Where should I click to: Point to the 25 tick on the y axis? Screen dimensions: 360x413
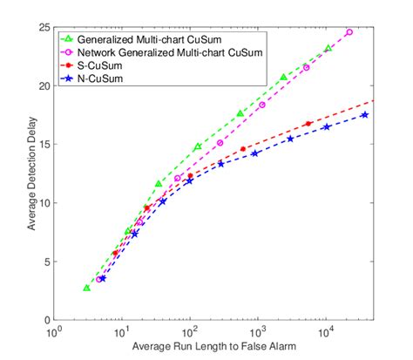click(44, 27)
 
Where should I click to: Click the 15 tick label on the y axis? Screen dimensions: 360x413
click(44, 145)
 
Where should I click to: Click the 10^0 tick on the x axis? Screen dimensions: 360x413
click(55, 332)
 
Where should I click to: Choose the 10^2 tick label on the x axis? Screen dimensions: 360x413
click(190, 332)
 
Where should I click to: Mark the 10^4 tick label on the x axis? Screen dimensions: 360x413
click(326, 332)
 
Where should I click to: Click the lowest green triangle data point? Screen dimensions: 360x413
click(86, 288)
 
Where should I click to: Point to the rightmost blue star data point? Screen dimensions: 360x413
click(364, 115)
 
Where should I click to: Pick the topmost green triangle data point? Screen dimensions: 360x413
click(328, 48)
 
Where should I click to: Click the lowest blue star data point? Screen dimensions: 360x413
click(102, 278)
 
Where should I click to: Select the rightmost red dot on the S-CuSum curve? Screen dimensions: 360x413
click(308, 124)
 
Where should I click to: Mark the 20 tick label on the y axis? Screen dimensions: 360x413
click(44, 85)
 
